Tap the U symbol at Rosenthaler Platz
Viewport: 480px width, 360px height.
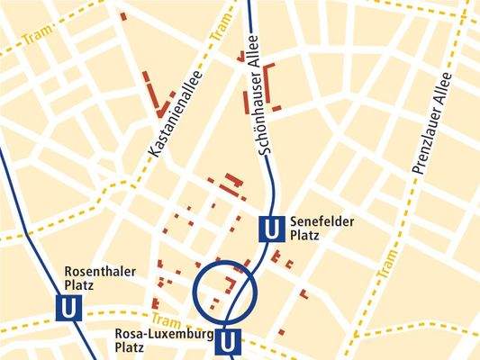click(68, 309)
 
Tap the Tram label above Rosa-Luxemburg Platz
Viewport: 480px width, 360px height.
click(166, 319)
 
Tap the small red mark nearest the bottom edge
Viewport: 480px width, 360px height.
click(281, 332)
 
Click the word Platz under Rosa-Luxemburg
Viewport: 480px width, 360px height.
click(131, 347)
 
